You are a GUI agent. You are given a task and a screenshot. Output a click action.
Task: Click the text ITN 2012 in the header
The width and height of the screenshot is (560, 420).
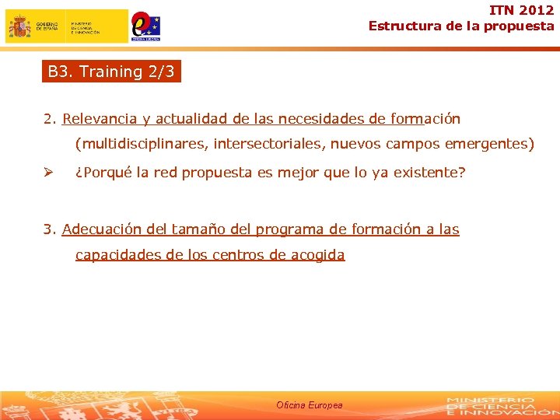(x=521, y=10)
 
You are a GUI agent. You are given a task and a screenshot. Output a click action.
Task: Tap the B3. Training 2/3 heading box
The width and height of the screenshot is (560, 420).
(x=112, y=72)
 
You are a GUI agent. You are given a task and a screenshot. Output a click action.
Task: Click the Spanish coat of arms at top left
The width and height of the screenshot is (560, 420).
(x=19, y=26)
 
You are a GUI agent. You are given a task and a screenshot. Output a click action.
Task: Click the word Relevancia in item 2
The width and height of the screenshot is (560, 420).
(x=100, y=119)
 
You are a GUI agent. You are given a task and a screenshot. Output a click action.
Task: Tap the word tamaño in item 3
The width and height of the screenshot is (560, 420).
(x=195, y=229)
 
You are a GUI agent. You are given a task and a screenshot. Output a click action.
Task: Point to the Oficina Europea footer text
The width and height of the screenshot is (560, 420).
(x=309, y=405)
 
